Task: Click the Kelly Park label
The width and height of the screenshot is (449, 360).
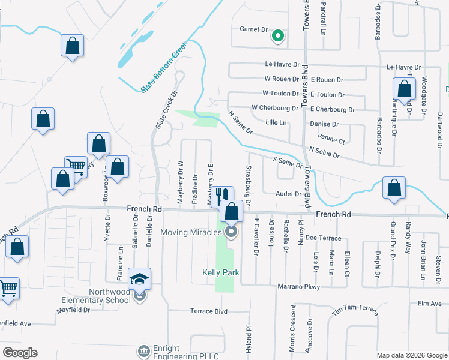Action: point(220,272)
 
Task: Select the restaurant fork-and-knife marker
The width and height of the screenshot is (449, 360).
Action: point(221,195)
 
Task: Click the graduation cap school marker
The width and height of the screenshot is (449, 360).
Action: point(139,279)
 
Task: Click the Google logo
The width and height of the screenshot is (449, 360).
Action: point(20,353)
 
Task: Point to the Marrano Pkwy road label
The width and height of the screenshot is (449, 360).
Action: point(298,287)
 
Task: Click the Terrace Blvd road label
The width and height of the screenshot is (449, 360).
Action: point(209,311)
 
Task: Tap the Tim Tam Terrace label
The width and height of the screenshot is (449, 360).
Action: point(355,310)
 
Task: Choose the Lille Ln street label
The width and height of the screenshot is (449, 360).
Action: point(276,123)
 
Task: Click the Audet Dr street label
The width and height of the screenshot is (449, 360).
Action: point(288,194)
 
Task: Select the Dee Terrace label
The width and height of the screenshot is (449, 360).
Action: point(323,238)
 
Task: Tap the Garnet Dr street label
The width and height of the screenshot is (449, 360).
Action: point(253,29)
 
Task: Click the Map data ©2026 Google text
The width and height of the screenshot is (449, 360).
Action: point(411,355)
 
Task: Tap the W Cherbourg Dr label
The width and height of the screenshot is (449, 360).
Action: point(274,108)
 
